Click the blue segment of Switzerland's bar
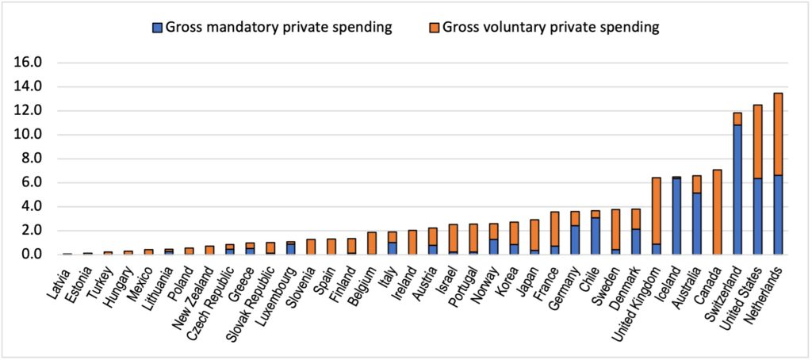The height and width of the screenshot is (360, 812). (x=737, y=190)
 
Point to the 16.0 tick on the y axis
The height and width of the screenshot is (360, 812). (x=29, y=62)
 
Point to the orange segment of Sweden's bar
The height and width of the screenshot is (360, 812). (x=615, y=229)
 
